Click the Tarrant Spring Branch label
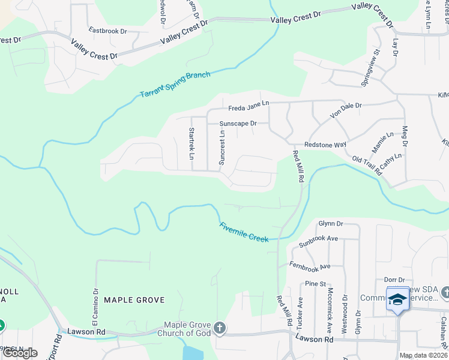tap(175, 85)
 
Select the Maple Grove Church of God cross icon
tap(220, 328)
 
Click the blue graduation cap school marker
tap(397, 299)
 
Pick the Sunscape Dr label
tap(238, 124)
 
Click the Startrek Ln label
tap(191, 143)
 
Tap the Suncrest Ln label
tap(221, 149)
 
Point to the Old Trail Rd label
tap(367, 166)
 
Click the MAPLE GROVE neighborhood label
tap(134, 299)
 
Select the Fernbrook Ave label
tap(310, 266)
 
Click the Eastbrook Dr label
tap(107, 30)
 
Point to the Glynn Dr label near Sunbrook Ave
tap(330, 223)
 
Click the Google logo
tap(19, 352)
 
